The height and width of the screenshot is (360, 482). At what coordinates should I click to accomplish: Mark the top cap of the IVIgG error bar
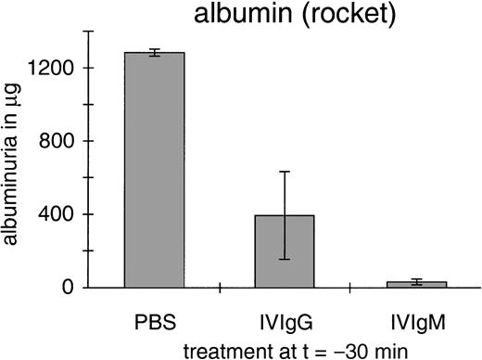point(286,172)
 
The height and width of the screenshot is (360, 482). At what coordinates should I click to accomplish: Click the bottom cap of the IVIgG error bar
point(286,259)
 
